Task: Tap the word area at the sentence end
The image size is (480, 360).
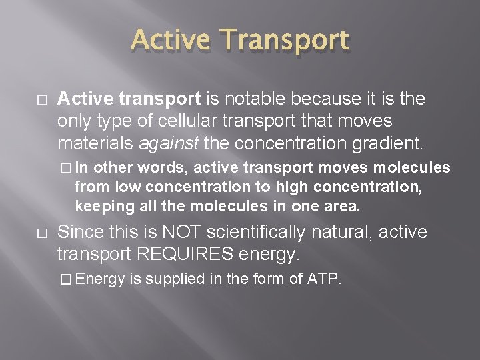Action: point(343,207)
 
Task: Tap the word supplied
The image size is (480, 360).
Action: point(175,279)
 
